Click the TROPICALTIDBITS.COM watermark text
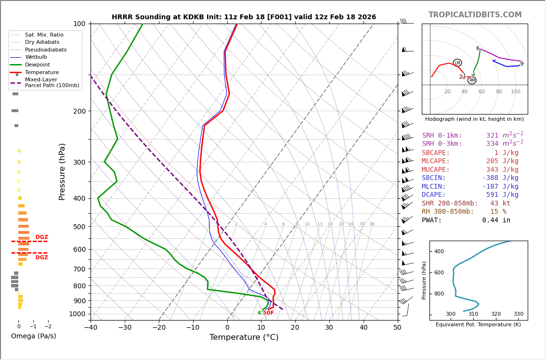[475, 15]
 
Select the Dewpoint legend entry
[37, 65]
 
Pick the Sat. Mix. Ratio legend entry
[44, 35]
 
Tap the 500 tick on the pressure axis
[79, 227]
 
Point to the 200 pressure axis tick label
[79, 111]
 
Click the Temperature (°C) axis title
[244, 337]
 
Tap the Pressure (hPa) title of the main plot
[62, 171]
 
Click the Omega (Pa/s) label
[33, 336]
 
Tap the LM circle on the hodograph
[457, 63]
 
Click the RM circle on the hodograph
[472, 80]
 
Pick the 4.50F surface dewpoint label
[265, 313]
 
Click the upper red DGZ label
[41, 237]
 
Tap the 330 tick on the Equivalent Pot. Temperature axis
[518, 314]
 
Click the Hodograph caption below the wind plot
[474, 119]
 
